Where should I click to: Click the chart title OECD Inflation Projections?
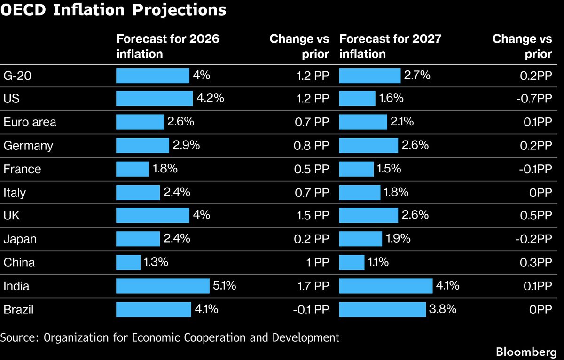tap(113, 10)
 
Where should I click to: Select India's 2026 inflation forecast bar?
tap(163, 286)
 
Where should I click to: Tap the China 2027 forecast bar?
tap(352, 262)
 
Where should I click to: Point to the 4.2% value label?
tap(210, 98)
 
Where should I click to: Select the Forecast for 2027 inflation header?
tap(390, 46)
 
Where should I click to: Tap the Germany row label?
tap(28, 146)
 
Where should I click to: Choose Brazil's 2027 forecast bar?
tap(382, 309)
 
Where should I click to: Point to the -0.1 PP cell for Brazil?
tap(310, 310)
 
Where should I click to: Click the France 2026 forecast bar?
tap(133, 169)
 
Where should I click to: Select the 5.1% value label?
tap(224, 286)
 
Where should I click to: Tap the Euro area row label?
tap(30, 122)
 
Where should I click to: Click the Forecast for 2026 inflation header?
tap(168, 46)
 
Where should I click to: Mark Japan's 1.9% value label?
tap(398, 239)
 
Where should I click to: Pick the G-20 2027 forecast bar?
tap(369, 75)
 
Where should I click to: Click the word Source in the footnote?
tap(15, 337)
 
